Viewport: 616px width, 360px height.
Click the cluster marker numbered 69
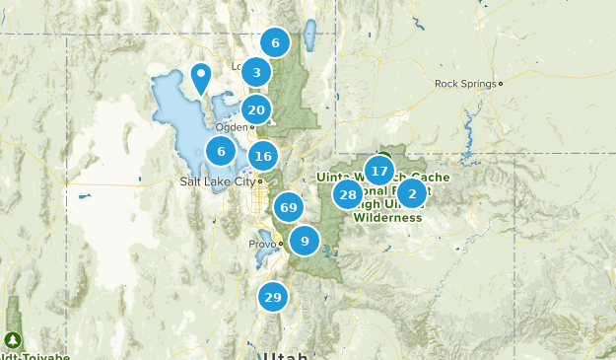click(x=289, y=207)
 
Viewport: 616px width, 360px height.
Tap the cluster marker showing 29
click(x=273, y=297)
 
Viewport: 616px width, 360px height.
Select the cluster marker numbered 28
click(x=347, y=194)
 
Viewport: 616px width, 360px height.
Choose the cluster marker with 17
click(x=379, y=171)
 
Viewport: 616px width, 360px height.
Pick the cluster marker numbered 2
click(x=412, y=193)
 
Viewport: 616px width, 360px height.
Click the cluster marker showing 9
click(x=305, y=241)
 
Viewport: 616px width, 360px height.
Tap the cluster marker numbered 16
click(x=262, y=156)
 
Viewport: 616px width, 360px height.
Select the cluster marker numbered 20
click(x=256, y=110)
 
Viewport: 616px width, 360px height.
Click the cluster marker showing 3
click(x=256, y=72)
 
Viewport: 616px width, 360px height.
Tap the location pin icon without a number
click(x=201, y=77)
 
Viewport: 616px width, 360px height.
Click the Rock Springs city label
click(x=465, y=84)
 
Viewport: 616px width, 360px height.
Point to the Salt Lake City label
click(x=217, y=181)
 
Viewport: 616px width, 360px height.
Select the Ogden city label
click(x=233, y=127)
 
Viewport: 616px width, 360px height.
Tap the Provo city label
click(x=261, y=244)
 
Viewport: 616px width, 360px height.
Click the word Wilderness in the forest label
click(x=387, y=217)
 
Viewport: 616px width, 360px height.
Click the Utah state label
click(x=286, y=354)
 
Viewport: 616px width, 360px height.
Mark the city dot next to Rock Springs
click(x=501, y=84)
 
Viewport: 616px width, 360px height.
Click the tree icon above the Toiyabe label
click(x=14, y=339)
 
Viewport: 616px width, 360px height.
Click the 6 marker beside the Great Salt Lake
click(x=221, y=151)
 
